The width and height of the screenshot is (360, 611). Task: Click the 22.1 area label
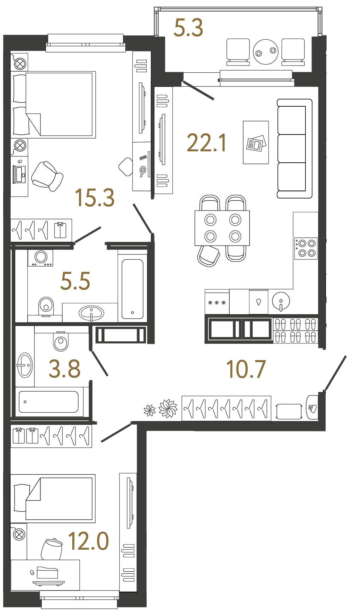(x=206, y=143)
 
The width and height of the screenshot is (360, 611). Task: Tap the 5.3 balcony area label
(x=188, y=28)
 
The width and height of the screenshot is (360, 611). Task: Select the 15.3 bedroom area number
(x=95, y=197)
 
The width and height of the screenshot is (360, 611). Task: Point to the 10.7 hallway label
(x=246, y=369)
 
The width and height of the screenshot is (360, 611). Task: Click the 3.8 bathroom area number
(x=64, y=369)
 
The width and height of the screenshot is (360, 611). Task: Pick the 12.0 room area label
(x=88, y=541)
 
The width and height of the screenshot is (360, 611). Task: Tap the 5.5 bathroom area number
(x=75, y=281)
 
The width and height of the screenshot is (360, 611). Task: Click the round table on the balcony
(x=266, y=52)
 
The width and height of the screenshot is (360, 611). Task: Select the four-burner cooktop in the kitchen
(x=305, y=248)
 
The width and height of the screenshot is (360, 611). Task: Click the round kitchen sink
(x=281, y=301)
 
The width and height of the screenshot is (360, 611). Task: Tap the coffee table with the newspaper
(x=256, y=142)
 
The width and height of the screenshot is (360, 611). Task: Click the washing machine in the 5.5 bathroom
(x=41, y=257)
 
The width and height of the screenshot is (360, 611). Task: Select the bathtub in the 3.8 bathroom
(x=49, y=402)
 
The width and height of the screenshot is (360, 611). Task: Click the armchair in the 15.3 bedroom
(x=47, y=176)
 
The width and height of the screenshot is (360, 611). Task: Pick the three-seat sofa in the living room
(x=294, y=148)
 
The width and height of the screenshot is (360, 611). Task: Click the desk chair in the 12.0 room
(x=52, y=549)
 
